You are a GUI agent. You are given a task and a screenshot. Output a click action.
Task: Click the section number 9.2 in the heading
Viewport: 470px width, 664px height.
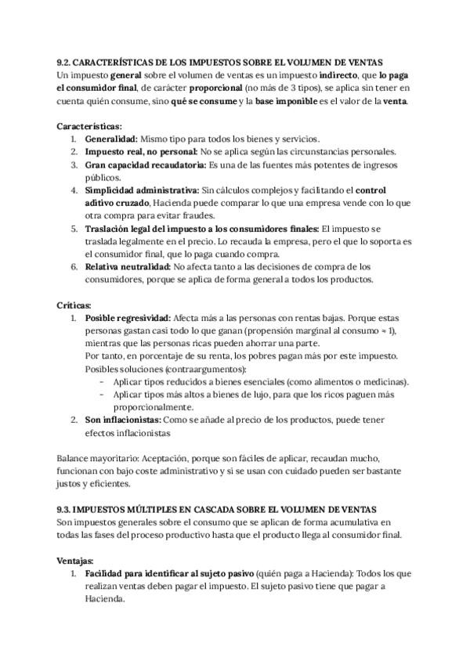[66, 61]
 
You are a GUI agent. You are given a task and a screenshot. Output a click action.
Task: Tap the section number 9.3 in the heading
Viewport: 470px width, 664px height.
[66, 508]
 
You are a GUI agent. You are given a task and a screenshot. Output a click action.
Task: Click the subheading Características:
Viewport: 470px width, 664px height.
[89, 125]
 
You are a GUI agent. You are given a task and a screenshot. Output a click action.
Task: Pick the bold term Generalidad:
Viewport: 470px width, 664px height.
[111, 139]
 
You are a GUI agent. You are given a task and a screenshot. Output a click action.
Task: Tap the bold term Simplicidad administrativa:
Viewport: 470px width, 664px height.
[142, 190]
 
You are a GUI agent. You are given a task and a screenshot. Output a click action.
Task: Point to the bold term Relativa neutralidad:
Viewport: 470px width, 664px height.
[128, 267]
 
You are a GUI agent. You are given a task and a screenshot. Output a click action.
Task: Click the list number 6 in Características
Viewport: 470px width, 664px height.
[74, 267]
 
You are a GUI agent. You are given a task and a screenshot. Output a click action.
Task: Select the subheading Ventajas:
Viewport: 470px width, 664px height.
[76, 561]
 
